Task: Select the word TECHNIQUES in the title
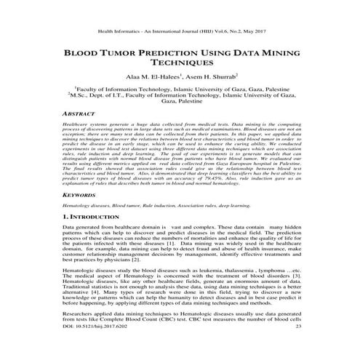tap(180, 65)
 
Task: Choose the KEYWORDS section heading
tap(82, 196)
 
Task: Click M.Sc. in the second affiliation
tap(78, 95)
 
